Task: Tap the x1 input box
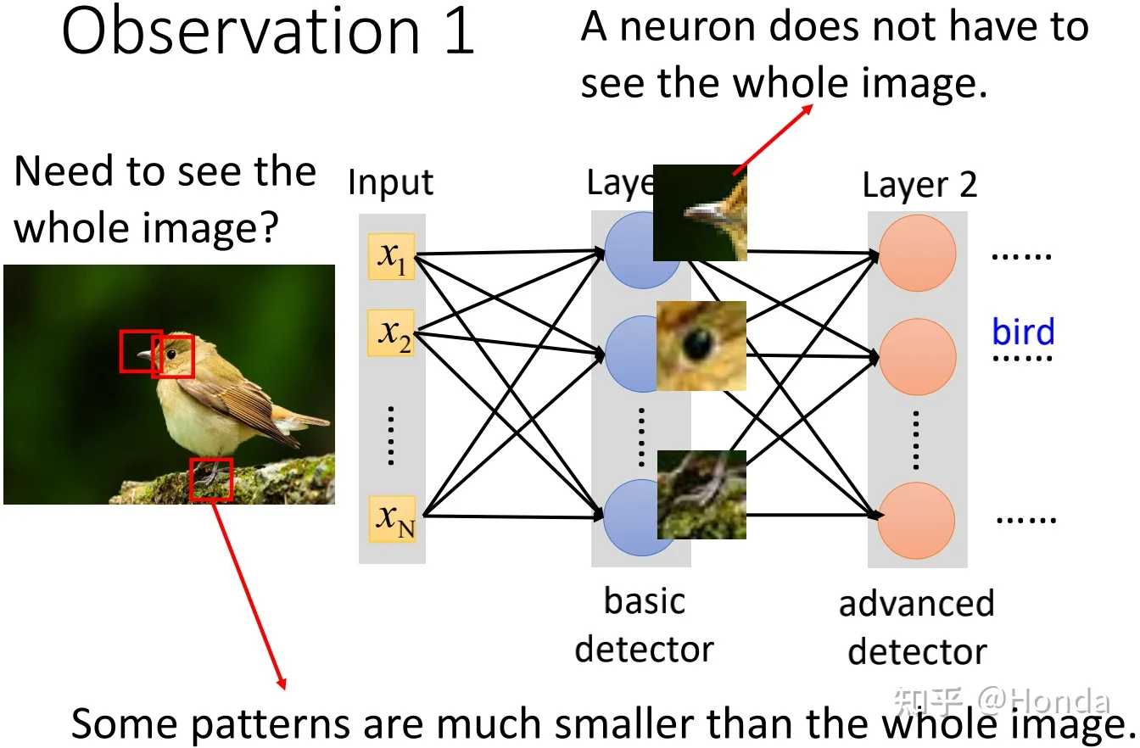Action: coord(391,256)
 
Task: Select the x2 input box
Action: coord(391,332)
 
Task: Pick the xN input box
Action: coord(392,518)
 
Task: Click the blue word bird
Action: coord(1023,332)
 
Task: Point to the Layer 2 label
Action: coord(919,185)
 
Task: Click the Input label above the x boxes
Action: coord(390,182)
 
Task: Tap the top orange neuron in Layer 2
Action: coord(917,254)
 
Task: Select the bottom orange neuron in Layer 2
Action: coord(917,519)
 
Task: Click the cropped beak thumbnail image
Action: coord(700,212)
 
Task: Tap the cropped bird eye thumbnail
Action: coord(701,345)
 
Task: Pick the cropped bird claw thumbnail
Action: coord(701,494)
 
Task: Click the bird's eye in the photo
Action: coord(171,353)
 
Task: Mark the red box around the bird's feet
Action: coord(210,479)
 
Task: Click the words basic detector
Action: coord(644,625)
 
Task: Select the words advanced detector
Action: coord(917,628)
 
